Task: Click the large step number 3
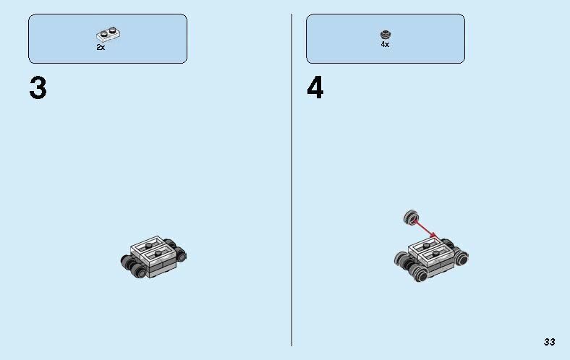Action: tap(38, 89)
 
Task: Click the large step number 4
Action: tap(315, 89)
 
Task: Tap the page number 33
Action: tap(550, 342)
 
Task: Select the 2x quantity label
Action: tap(101, 47)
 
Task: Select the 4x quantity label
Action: tap(385, 45)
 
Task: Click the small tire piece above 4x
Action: tap(385, 34)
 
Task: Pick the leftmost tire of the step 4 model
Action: tap(401, 259)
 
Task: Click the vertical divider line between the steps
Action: tap(292, 181)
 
